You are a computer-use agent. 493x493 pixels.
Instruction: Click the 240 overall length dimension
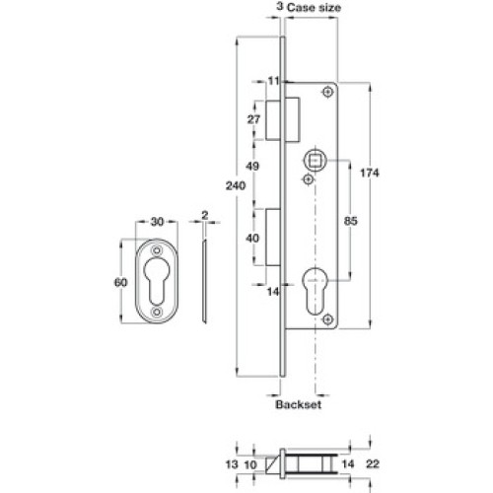[x=236, y=186]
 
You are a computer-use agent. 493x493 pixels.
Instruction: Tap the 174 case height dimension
[x=370, y=173]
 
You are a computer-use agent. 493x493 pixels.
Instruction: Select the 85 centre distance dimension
[x=351, y=221]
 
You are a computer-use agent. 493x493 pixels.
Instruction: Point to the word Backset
[x=299, y=404]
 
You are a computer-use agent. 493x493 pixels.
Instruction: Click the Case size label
[x=314, y=8]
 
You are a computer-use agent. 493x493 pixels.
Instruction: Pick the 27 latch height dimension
[x=253, y=119]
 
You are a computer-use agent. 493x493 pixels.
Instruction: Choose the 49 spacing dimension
[x=252, y=167]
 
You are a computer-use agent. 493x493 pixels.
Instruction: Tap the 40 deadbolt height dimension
[x=252, y=238]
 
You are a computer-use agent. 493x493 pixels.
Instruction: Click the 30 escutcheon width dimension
[x=157, y=222]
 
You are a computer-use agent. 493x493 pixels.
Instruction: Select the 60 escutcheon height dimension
[x=120, y=282]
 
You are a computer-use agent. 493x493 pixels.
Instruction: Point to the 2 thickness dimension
[x=205, y=215]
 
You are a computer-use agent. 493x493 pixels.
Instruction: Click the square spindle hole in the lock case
[x=316, y=161]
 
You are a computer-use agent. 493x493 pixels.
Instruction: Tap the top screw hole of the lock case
[x=327, y=92]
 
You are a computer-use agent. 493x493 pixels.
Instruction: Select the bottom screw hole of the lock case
[x=327, y=318]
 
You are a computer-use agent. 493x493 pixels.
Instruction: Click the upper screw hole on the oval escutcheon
[x=157, y=251]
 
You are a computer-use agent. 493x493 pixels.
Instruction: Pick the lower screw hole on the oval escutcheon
[x=157, y=312]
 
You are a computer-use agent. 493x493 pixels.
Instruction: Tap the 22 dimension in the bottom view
[x=373, y=464]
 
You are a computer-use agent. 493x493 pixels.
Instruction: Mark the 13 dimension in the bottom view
[x=232, y=464]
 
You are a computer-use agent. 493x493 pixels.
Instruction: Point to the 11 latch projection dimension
[x=273, y=81]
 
